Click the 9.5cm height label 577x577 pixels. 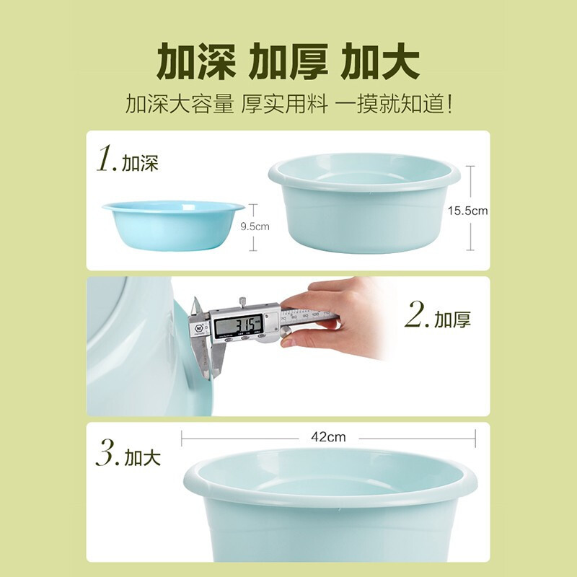(255, 226)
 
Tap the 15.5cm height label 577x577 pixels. (468, 211)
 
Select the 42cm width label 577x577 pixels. (328, 437)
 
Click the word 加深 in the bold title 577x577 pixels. (194, 63)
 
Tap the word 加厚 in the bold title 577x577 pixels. (288, 63)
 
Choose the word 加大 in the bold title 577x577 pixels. (381, 63)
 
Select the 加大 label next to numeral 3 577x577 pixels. (142, 457)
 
